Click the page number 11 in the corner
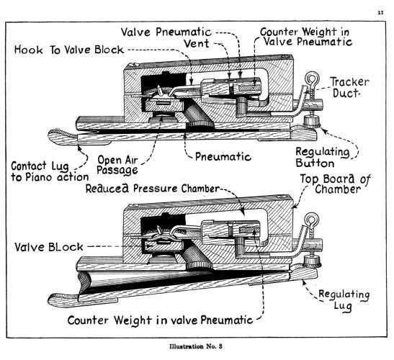[381, 12]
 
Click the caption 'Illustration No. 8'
[196, 346]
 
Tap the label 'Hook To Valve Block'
[69, 50]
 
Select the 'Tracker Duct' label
[349, 87]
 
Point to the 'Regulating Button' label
[323, 158]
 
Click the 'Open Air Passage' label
[117, 166]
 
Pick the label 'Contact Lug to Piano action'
[50, 171]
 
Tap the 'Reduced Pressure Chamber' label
[153, 189]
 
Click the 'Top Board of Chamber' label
[336, 184]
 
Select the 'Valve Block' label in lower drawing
[49, 247]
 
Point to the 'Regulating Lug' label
[344, 300]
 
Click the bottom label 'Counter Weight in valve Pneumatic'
[160, 320]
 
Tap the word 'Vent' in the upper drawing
[197, 43]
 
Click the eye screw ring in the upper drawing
[312, 79]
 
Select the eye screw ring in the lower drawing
[312, 220]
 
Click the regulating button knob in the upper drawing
[311, 121]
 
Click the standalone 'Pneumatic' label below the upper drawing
[223, 157]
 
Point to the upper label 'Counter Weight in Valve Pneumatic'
[306, 37]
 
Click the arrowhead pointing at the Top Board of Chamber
[295, 207]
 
